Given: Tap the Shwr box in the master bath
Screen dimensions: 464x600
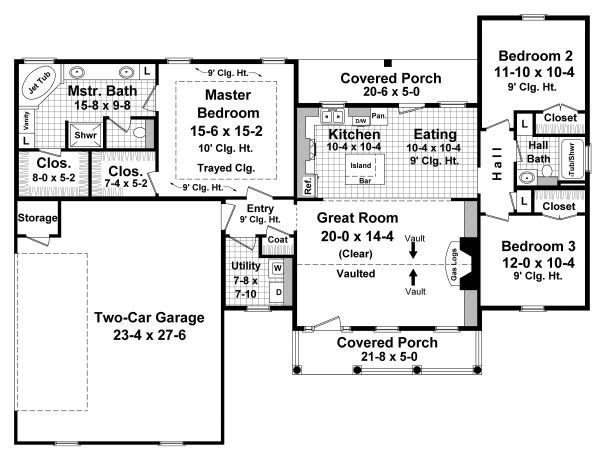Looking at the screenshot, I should [78, 134].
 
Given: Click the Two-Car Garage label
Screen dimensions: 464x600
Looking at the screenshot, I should [150, 318].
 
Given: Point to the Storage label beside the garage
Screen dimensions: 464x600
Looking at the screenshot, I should [37, 218].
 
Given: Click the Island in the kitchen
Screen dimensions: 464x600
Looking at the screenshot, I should [360, 164].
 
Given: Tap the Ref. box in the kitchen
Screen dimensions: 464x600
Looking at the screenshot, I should [308, 186].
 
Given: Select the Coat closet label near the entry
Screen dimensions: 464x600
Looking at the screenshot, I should [277, 240].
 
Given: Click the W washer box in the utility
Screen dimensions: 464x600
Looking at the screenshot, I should [277, 268].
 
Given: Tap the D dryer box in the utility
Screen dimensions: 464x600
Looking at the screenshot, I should [277, 292].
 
